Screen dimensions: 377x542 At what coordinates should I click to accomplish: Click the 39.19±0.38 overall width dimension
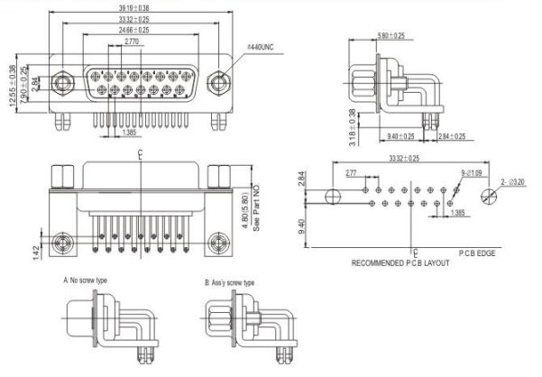[x=135, y=8]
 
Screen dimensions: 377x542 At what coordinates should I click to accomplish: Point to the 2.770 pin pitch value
[x=132, y=41]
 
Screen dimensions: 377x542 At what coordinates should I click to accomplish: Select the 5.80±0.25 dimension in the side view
[x=391, y=36]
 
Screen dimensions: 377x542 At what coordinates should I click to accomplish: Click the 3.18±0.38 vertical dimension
[x=352, y=127]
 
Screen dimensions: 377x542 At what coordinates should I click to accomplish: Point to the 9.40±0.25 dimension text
[x=401, y=136]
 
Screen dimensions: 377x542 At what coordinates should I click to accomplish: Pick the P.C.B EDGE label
[x=479, y=253]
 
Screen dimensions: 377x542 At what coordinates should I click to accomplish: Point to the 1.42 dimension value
[x=35, y=251]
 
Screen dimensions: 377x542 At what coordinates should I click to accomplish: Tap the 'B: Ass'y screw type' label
[x=229, y=282]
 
